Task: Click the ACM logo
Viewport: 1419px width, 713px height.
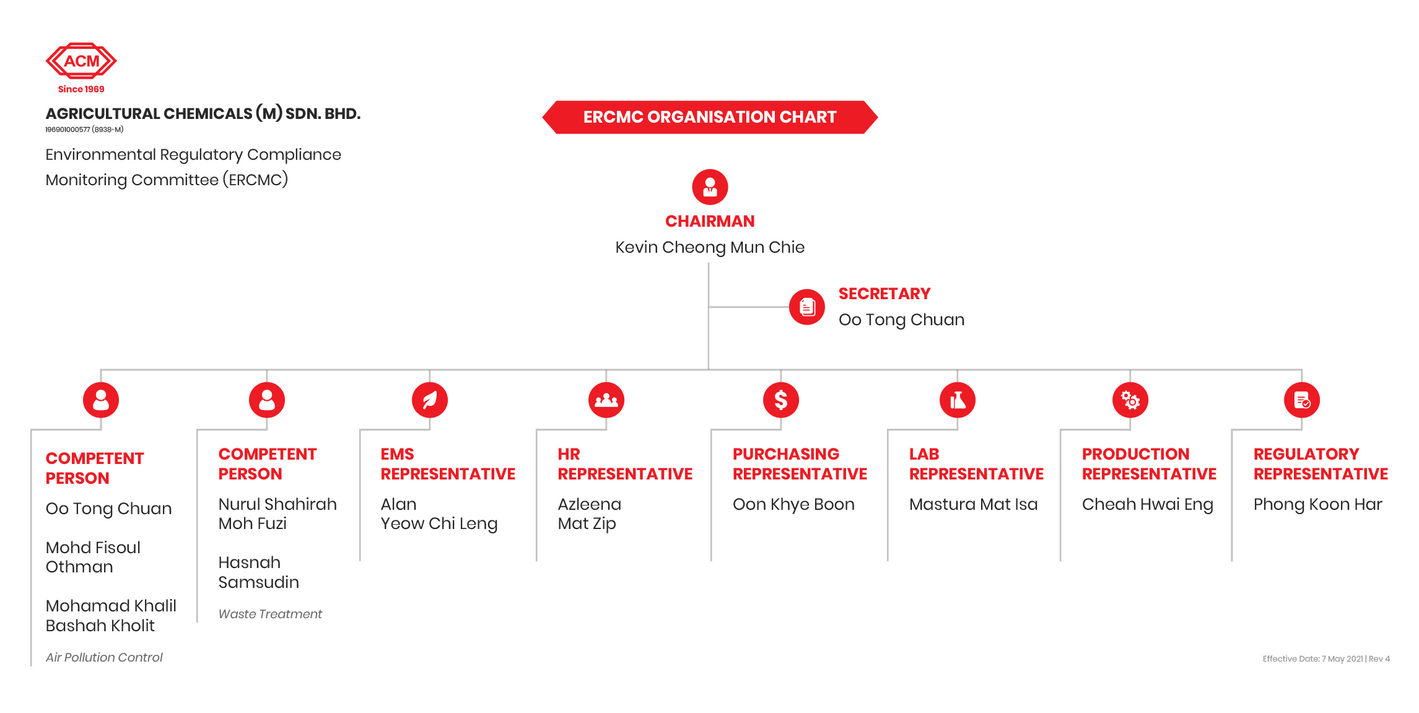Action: click(81, 61)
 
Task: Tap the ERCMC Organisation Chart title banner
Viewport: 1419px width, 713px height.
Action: click(710, 117)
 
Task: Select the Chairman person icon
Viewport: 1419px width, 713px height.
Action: click(710, 187)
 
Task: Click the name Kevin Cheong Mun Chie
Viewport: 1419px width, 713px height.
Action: click(710, 247)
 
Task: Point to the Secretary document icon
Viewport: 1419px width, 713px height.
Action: click(807, 307)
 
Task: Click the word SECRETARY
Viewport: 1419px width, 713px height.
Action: click(884, 294)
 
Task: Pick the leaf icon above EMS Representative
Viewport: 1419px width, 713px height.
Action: click(430, 400)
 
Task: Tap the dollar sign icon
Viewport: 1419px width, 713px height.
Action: click(781, 400)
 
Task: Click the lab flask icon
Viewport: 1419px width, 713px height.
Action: click(958, 400)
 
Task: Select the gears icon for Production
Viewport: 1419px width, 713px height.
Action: click(1130, 400)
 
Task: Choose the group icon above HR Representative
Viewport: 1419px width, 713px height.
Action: click(606, 400)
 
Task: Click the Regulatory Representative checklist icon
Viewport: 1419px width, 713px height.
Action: click(1302, 400)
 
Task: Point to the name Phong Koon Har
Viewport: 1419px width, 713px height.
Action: click(1318, 504)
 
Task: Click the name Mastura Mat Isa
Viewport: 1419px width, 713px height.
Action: click(974, 504)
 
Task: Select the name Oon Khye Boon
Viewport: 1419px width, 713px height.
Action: click(793, 504)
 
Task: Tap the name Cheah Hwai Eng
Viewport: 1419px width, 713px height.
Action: click(1148, 504)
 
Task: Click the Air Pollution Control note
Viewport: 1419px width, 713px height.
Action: click(104, 657)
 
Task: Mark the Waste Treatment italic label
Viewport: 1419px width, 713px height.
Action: click(270, 614)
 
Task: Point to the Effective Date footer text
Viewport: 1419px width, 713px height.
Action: click(1326, 658)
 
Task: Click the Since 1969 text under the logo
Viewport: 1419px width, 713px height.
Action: click(81, 89)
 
